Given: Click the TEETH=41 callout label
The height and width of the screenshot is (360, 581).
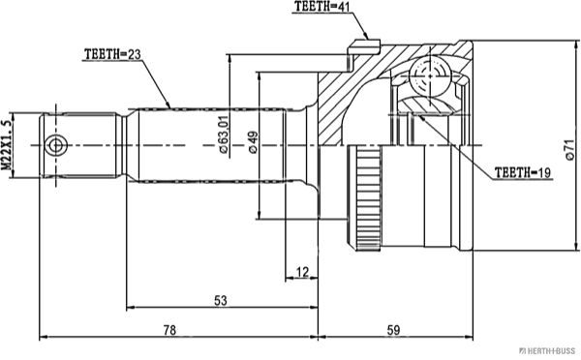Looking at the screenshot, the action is [321, 7].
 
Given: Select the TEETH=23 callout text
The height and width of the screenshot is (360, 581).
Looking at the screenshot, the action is [112, 54].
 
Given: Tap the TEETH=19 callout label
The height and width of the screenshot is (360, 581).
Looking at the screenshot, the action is [523, 172].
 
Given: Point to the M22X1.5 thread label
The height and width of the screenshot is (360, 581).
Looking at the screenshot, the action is [6, 145].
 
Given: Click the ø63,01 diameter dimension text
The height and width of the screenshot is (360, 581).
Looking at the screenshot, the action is [224, 135].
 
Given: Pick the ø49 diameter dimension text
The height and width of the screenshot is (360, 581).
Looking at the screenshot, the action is [254, 142].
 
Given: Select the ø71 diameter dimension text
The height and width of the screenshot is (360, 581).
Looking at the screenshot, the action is [570, 149].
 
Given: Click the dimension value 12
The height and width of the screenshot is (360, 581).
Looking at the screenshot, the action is [302, 272].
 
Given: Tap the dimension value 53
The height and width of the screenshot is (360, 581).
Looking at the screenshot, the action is [221, 300].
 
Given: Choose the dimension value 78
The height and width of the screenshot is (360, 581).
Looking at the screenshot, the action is [169, 330].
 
